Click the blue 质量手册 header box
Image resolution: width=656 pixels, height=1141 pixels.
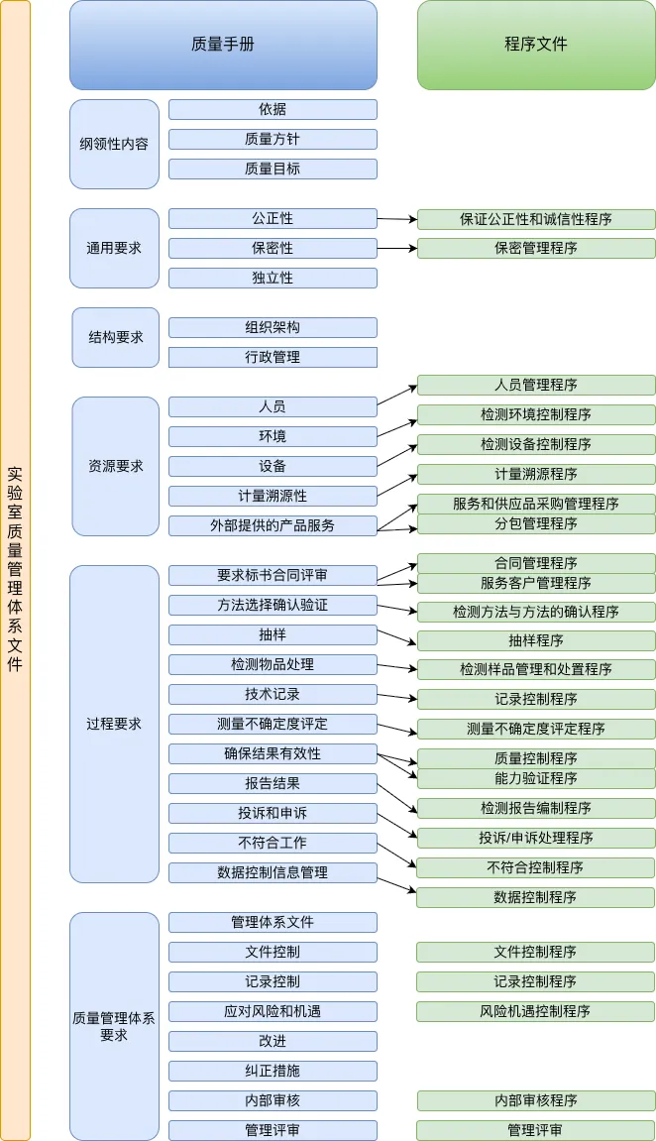(223, 45)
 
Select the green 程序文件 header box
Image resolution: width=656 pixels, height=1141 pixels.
(536, 45)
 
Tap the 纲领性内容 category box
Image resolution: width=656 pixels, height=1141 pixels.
(114, 144)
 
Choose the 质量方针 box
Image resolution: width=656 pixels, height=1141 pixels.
(273, 139)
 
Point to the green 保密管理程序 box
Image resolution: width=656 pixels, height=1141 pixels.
(536, 248)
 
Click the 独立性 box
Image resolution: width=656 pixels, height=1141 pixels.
(273, 278)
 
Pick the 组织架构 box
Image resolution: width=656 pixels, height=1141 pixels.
(273, 327)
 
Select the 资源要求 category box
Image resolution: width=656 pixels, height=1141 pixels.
(115, 466)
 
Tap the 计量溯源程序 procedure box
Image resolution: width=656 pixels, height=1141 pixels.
(536, 474)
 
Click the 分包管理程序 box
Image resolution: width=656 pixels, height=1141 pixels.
(536, 523)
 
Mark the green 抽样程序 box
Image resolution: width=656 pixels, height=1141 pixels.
(536, 640)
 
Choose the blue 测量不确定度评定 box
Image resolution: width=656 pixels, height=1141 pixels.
(273, 724)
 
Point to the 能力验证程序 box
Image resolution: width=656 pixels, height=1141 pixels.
(536, 778)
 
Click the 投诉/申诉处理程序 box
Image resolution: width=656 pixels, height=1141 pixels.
(536, 838)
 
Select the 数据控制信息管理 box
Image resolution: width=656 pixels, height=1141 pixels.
(273, 872)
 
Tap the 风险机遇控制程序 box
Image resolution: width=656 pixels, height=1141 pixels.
(535, 1011)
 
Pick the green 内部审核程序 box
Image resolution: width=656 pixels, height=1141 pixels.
(536, 1100)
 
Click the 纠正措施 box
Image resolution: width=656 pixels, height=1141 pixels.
(273, 1071)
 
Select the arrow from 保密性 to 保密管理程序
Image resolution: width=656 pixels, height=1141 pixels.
(396, 248)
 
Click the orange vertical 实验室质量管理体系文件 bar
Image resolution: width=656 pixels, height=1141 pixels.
(15, 570)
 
